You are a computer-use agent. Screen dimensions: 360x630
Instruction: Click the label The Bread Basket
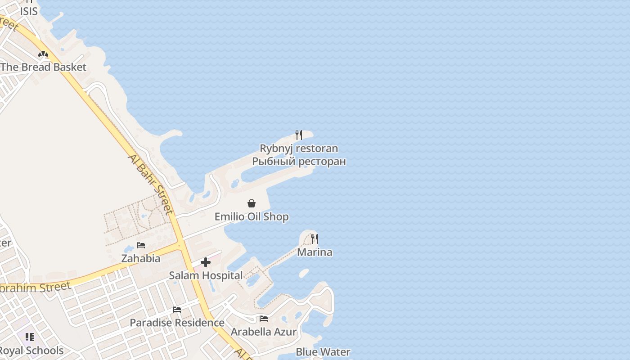pyautogui.click(x=43, y=67)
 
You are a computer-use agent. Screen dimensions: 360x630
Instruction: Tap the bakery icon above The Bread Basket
pyautogui.click(x=43, y=55)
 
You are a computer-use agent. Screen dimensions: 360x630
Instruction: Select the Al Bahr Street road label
pyautogui.click(x=151, y=184)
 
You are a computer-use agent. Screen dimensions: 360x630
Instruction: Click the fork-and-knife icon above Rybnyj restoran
pyautogui.click(x=298, y=135)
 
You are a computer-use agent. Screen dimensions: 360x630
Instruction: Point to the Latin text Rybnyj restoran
pyautogui.click(x=299, y=148)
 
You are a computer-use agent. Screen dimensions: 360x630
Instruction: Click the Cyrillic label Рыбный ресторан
pyautogui.click(x=299, y=161)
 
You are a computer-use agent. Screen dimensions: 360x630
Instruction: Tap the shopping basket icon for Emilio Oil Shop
pyautogui.click(x=252, y=203)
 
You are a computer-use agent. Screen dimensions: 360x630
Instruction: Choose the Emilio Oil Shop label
pyautogui.click(x=252, y=217)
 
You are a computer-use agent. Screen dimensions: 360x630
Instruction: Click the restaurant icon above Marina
pyautogui.click(x=315, y=239)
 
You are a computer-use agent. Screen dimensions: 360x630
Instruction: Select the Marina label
pyautogui.click(x=315, y=252)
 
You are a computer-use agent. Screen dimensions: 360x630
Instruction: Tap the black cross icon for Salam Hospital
pyautogui.click(x=206, y=262)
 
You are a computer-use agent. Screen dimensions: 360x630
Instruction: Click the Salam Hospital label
pyautogui.click(x=206, y=275)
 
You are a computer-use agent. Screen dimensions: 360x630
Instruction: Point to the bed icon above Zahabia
pyautogui.click(x=141, y=245)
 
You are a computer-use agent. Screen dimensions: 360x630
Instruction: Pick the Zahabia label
pyautogui.click(x=141, y=259)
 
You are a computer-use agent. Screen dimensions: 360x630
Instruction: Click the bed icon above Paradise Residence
pyautogui.click(x=177, y=310)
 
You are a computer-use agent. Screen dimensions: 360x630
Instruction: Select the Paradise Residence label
pyautogui.click(x=177, y=323)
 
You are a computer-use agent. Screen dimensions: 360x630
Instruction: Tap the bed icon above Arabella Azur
pyautogui.click(x=264, y=319)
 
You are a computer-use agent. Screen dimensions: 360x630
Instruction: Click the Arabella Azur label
pyautogui.click(x=264, y=332)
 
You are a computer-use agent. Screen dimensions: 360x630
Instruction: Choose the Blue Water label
pyautogui.click(x=323, y=352)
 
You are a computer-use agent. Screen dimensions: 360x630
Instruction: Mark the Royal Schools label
pyautogui.click(x=31, y=351)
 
